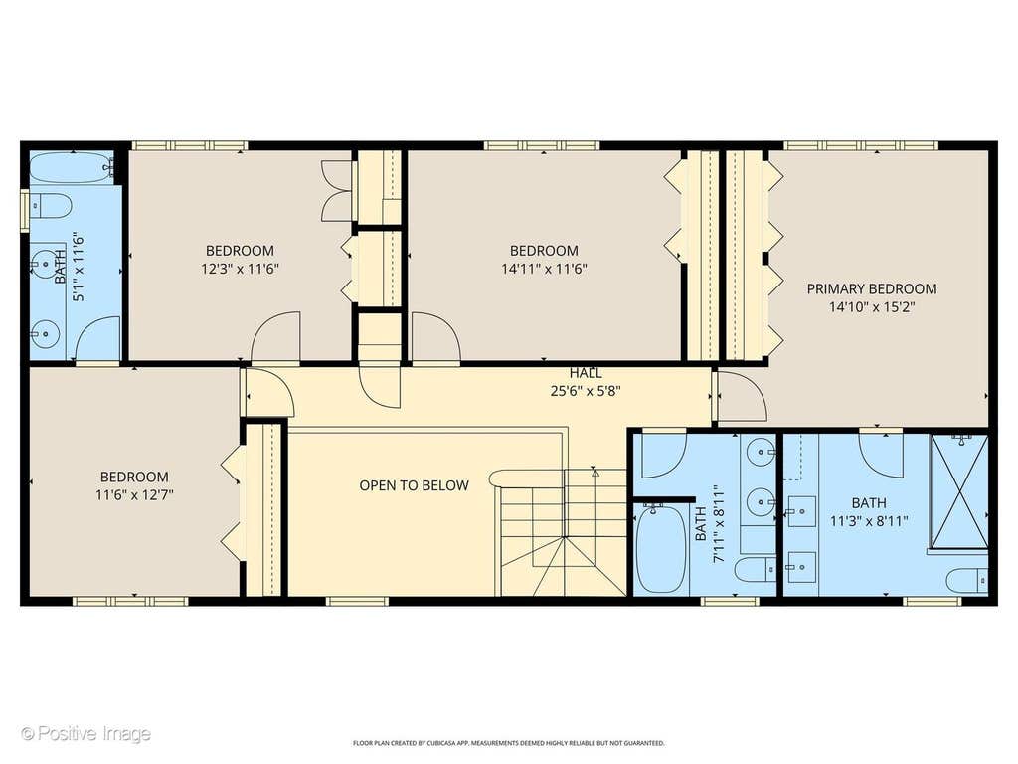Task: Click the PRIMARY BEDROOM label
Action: click(x=871, y=289)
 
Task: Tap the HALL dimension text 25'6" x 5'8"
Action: click(x=586, y=392)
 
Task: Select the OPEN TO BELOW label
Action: click(x=415, y=485)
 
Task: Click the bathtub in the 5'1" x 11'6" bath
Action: click(x=72, y=167)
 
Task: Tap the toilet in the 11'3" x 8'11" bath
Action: click(x=967, y=581)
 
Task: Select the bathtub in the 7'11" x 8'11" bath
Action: click(x=661, y=548)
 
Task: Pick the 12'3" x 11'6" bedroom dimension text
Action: click(x=241, y=269)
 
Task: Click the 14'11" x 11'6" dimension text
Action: click(x=544, y=269)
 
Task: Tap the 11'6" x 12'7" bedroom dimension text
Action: click(x=134, y=495)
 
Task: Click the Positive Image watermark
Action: click(x=85, y=734)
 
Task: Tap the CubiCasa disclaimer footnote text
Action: click(x=508, y=742)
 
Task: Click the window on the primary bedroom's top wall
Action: click(x=861, y=145)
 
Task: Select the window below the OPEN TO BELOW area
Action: click(x=357, y=601)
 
